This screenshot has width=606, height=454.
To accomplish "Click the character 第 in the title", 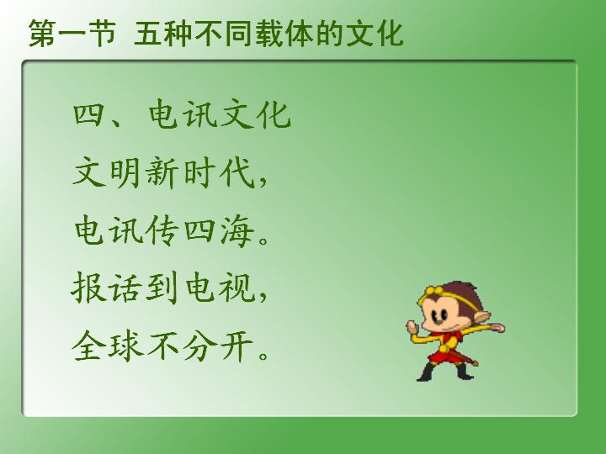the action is pyautogui.click(x=42, y=34).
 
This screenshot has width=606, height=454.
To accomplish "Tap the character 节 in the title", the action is pyautogui.click(x=102, y=34).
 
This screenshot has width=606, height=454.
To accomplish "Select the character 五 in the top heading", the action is pyautogui.click(x=148, y=34).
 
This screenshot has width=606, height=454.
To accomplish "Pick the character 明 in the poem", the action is pyautogui.click(x=125, y=172).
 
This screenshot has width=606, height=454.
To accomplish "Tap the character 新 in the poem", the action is pyautogui.click(x=162, y=172).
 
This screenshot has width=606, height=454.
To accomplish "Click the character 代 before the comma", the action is pyautogui.click(x=237, y=172).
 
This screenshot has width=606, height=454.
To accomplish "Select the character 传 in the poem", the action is pyautogui.click(x=162, y=230).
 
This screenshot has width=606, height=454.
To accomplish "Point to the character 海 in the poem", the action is pyautogui.click(x=237, y=230).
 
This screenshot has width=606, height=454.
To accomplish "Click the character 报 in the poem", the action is pyautogui.click(x=88, y=288).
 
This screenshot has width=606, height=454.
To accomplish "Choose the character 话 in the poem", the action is pyautogui.click(x=125, y=288).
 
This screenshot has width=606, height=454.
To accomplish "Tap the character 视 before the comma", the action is pyautogui.click(x=237, y=288).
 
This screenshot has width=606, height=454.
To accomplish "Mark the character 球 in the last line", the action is pyautogui.click(x=125, y=346).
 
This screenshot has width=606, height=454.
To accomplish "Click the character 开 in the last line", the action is pyautogui.click(x=237, y=346).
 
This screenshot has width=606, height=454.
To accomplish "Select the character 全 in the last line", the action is pyautogui.click(x=88, y=346).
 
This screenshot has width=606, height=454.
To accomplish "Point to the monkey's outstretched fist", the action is pyautogui.click(x=497, y=328).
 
